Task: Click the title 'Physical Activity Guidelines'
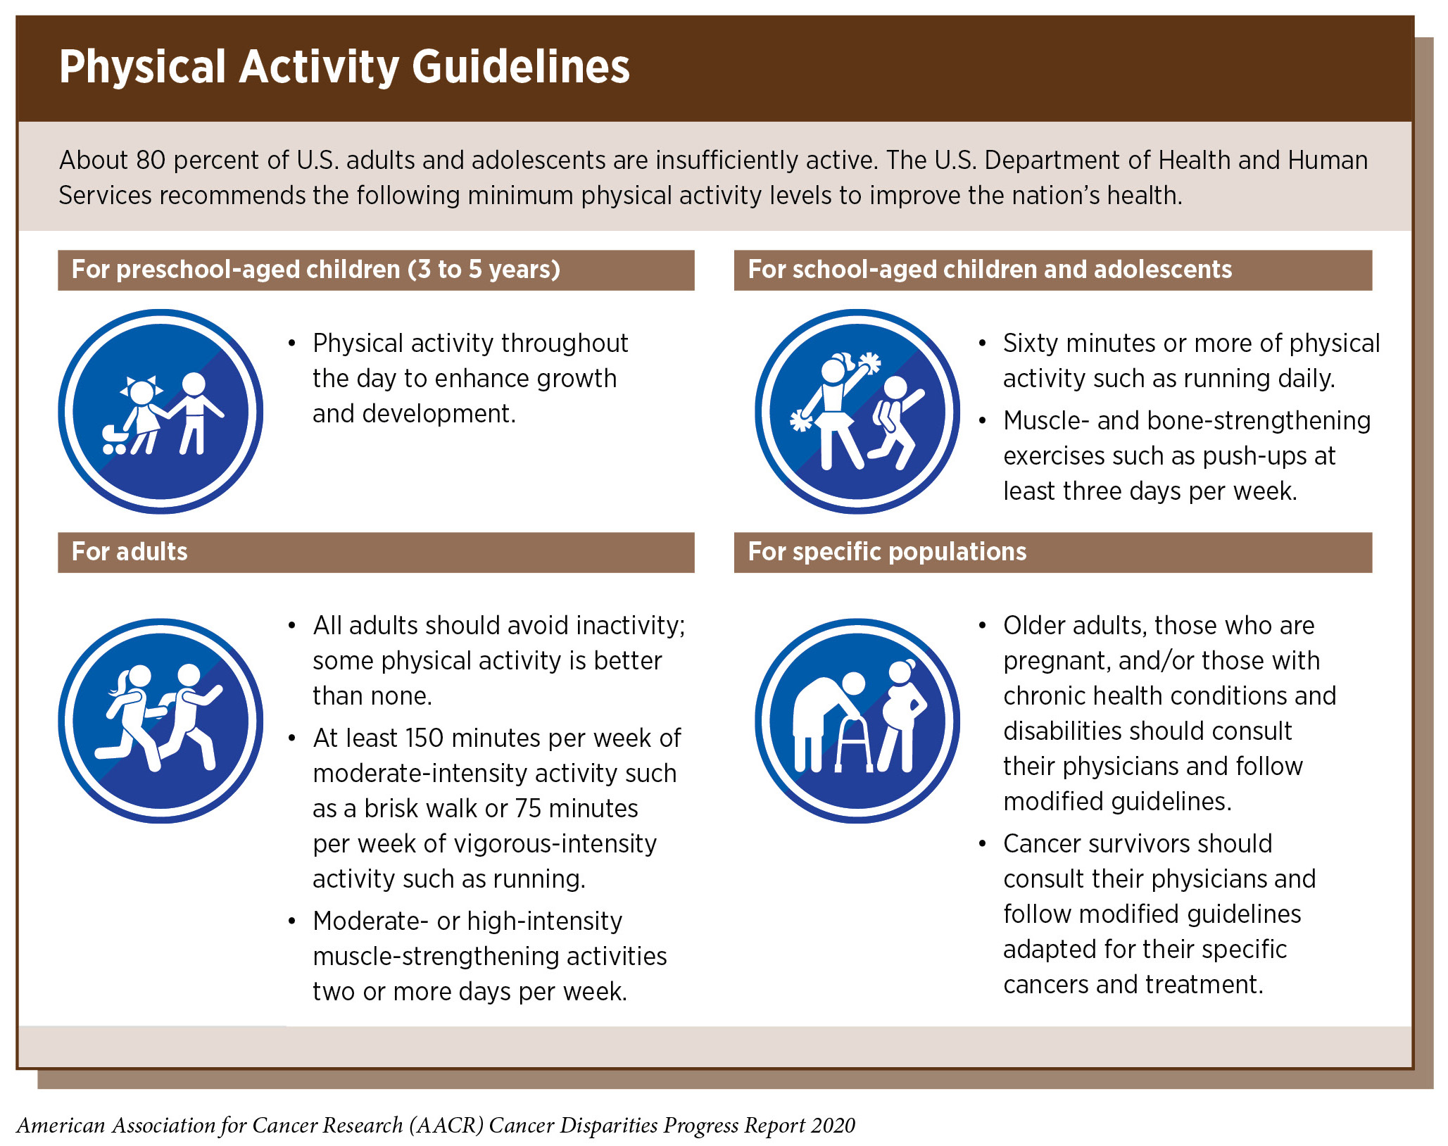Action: (344, 68)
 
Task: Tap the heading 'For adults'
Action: (130, 552)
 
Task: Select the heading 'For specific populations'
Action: (887, 552)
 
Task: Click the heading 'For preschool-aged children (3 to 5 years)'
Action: (316, 270)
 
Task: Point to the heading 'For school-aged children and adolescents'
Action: (990, 270)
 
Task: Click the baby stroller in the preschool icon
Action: (115, 439)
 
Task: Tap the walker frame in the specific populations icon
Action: (854, 745)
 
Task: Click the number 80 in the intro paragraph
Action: (151, 160)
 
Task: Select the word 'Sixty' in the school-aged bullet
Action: (1031, 344)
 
